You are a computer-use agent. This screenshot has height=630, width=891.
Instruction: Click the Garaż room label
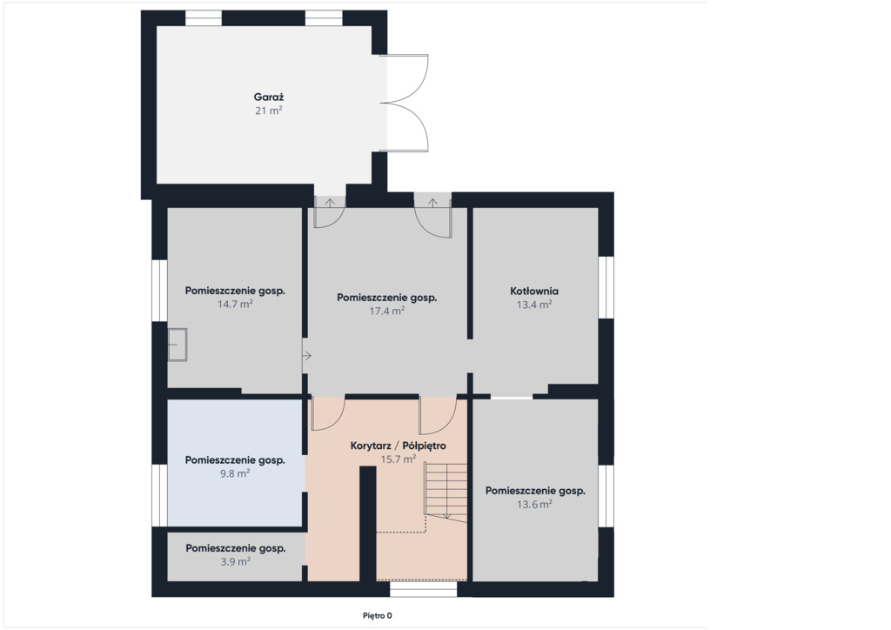[x=269, y=97]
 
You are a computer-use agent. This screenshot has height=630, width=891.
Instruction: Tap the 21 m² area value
[x=269, y=111]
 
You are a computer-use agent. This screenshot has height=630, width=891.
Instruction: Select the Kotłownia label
[x=534, y=291]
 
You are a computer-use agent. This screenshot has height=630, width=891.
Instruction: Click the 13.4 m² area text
[x=534, y=305]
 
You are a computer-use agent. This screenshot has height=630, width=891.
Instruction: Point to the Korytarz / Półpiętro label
[x=398, y=446]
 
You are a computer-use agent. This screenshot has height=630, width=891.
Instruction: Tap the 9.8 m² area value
[x=235, y=473]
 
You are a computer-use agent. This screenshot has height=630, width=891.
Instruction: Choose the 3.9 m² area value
[x=235, y=562]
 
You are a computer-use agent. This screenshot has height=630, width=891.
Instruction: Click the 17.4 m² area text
[x=387, y=311]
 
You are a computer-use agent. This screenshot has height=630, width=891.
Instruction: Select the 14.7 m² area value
[x=235, y=304]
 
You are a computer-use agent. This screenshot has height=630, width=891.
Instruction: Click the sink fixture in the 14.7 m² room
[x=178, y=345]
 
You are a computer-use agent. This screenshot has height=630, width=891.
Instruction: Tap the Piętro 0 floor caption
[x=378, y=615]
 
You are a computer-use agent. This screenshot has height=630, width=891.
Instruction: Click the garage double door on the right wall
[x=405, y=103]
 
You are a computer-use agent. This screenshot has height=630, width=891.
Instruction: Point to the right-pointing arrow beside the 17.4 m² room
[x=307, y=356]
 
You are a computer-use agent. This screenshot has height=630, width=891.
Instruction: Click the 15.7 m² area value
[x=399, y=459]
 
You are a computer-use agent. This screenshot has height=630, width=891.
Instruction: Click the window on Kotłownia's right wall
[x=606, y=287]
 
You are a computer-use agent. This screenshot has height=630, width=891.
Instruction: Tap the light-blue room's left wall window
[x=159, y=496]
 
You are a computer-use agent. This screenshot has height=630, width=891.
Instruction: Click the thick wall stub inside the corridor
[x=368, y=524]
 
